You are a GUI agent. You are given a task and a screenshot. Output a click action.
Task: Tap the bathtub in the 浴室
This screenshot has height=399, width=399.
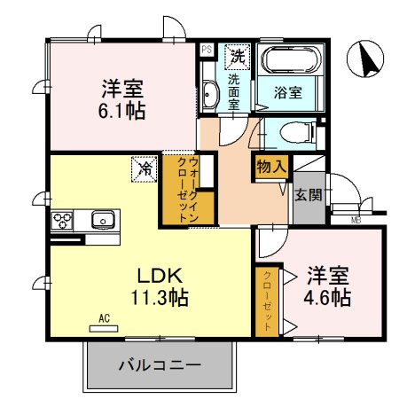click(287, 62)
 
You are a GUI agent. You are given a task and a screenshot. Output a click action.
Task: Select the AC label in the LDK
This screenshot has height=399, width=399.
click(104, 317)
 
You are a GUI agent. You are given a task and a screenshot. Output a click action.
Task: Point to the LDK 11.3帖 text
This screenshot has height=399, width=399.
click(159, 284)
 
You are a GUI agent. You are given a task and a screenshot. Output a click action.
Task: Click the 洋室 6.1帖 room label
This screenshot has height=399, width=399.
click(123, 99)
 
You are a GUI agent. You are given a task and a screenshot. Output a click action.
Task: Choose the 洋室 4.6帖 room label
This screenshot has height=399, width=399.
click(329, 285)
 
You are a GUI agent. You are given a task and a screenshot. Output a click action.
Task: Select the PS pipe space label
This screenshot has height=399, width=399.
click(206, 50)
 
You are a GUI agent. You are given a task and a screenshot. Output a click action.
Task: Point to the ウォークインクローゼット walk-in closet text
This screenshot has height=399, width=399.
click(187, 189)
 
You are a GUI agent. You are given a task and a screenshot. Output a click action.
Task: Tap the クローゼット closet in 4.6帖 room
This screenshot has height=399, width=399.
click(264, 300)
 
